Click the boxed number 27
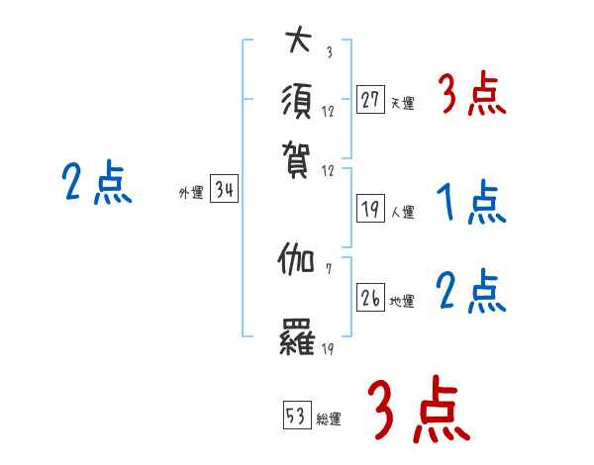(x=370, y=100)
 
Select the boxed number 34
(x=224, y=192)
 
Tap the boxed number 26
(x=370, y=298)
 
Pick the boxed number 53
(x=297, y=416)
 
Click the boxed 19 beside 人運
(x=370, y=209)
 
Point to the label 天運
(x=403, y=103)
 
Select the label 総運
(x=329, y=418)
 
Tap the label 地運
(x=403, y=301)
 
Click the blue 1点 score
(x=470, y=205)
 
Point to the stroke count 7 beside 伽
(x=327, y=268)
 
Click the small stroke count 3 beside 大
(x=328, y=51)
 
